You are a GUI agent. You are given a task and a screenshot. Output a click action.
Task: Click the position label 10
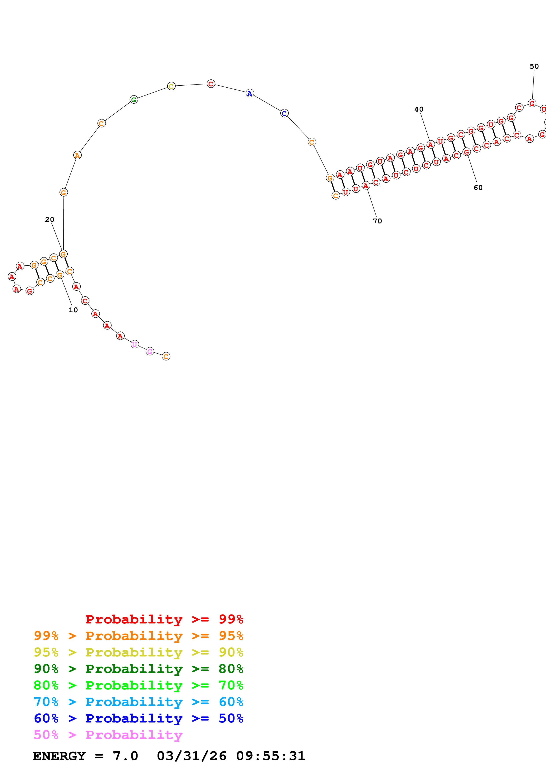click(x=73, y=310)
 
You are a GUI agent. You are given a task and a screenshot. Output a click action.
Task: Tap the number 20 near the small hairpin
click(x=50, y=220)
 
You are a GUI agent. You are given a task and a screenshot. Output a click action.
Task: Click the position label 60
click(x=478, y=188)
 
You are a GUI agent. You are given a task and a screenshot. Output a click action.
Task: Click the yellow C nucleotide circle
click(x=171, y=86)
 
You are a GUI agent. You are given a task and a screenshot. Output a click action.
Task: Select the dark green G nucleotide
click(x=133, y=99)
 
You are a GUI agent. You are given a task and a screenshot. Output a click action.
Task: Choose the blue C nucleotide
click(x=284, y=113)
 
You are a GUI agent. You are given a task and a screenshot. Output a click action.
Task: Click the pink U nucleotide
click(x=135, y=344)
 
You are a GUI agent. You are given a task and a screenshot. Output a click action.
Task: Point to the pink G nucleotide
click(x=150, y=351)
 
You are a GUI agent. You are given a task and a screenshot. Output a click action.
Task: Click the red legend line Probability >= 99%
click(x=164, y=619)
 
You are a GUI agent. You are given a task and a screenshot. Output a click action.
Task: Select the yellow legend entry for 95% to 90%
click(x=138, y=652)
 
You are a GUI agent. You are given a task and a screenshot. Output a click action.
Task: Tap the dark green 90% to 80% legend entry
click(x=138, y=669)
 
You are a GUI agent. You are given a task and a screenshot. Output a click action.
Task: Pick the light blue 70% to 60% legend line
click(x=138, y=702)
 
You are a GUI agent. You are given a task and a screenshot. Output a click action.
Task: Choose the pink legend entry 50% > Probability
click(x=108, y=735)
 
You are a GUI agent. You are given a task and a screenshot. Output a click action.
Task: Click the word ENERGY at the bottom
click(x=59, y=756)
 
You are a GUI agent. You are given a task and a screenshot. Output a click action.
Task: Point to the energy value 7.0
click(x=125, y=756)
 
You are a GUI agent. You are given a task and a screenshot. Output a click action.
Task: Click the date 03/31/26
click(x=191, y=756)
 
